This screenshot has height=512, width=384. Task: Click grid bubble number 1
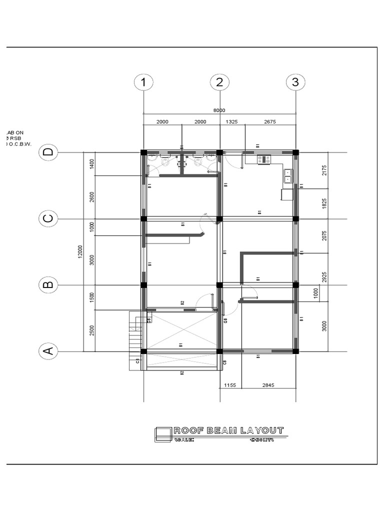click(143, 82)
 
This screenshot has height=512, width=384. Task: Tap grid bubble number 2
click(219, 82)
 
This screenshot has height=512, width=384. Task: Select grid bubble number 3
click(295, 82)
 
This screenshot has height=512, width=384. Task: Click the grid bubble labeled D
click(48, 152)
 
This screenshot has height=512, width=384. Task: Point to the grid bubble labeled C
click(48, 218)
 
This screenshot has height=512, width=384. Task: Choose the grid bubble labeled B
click(48, 285)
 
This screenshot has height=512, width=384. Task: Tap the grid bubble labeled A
click(48, 351)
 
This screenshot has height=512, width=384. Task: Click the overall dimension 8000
click(219, 110)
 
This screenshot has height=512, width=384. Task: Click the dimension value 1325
click(232, 121)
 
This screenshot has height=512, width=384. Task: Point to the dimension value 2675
click(269, 121)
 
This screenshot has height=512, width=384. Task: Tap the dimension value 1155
click(230, 385)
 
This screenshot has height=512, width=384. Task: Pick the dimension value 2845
click(268, 385)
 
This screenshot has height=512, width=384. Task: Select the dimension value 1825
click(324, 203)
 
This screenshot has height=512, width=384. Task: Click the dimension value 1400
click(91, 164)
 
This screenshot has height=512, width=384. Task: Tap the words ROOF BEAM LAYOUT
click(228, 430)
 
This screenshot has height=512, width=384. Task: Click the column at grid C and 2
click(219, 218)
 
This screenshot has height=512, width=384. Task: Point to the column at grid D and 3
click(295, 152)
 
